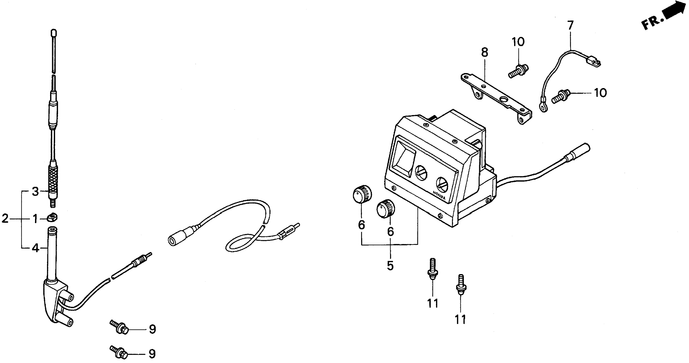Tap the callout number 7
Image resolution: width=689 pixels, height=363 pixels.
(570, 26)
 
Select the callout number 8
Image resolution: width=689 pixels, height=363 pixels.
(484, 53)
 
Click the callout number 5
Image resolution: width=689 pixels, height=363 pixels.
(390, 265)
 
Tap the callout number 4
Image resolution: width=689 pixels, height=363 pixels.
(36, 248)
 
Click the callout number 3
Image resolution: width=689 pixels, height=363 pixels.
(35, 192)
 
